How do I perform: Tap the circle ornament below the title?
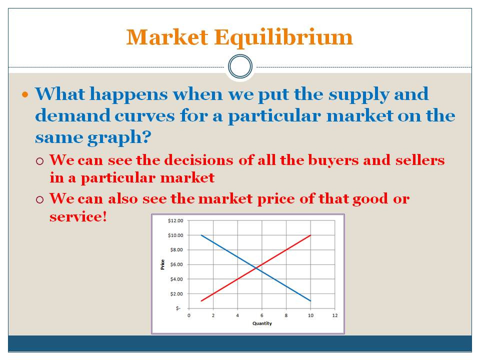pyautogui.click(x=240, y=66)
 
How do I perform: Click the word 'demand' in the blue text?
pyautogui.click(x=67, y=116)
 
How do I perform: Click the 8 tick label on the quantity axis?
pyautogui.click(x=286, y=315)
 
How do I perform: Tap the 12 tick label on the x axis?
pyautogui.click(x=335, y=315)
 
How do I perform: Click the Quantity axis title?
pyautogui.click(x=262, y=323)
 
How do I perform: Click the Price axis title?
pyautogui.click(x=162, y=264)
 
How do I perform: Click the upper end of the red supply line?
pyautogui.click(x=310, y=235)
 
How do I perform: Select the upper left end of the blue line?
pyautogui.click(x=201, y=235)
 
